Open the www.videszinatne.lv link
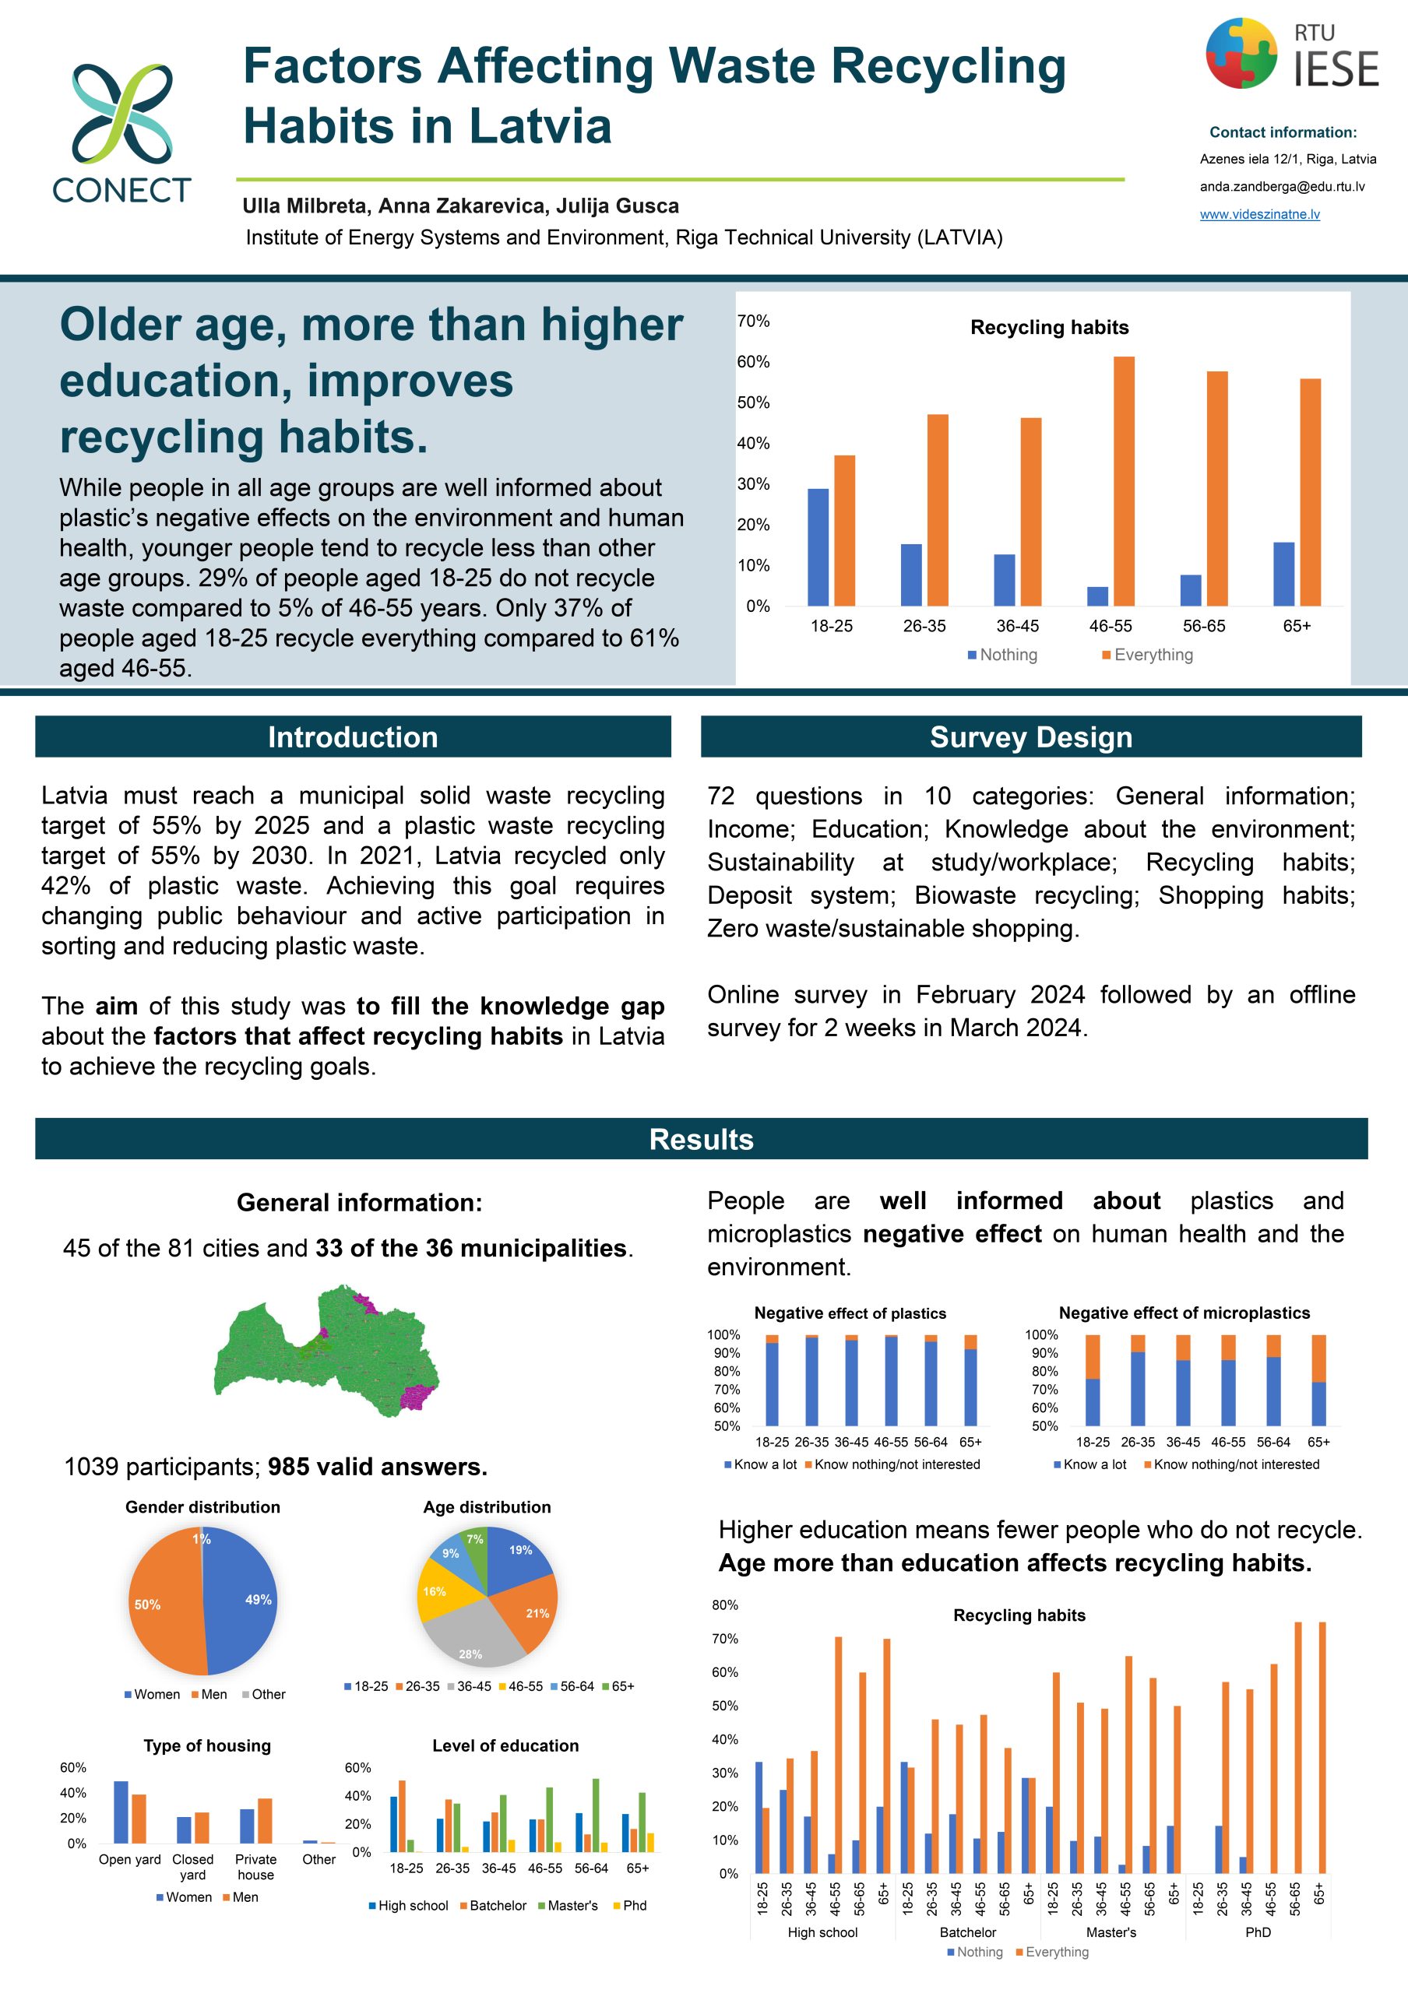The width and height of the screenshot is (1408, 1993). click(x=1259, y=214)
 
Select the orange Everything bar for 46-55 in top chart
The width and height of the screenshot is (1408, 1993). click(x=1123, y=481)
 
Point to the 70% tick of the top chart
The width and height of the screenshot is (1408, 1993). click(x=754, y=322)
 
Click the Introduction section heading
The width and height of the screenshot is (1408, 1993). click(x=353, y=737)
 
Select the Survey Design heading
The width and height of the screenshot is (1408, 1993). click(x=1030, y=737)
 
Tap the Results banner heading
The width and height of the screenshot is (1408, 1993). click(x=702, y=1139)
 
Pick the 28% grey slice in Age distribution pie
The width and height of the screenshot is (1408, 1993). click(x=472, y=1632)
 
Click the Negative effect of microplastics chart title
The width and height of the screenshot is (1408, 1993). click(x=1184, y=1313)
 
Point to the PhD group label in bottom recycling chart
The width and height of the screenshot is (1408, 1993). click(x=1258, y=1932)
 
